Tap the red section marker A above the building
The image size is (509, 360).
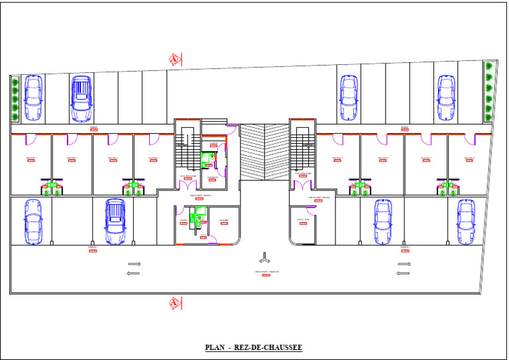point(175,60)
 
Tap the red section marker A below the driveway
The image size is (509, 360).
point(175,303)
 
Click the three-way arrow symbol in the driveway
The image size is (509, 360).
point(264,257)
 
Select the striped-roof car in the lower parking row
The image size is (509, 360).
point(115,220)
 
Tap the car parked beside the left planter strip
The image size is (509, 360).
point(33,97)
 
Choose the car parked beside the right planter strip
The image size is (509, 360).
point(446,97)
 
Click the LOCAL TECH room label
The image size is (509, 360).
point(304,220)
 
